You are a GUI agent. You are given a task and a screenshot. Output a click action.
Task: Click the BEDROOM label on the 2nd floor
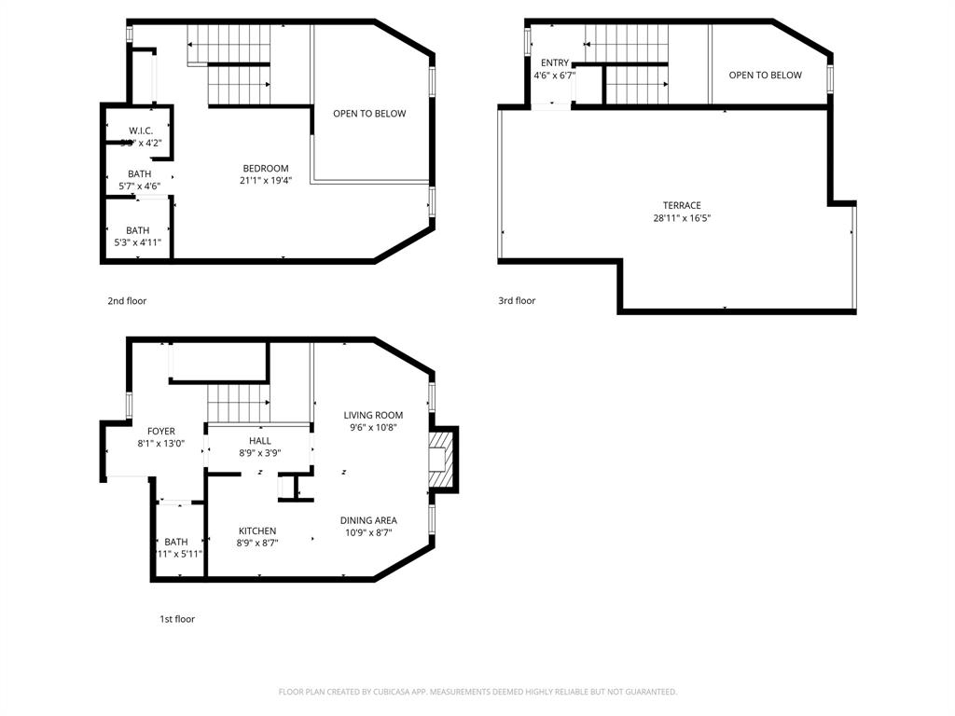point(266,169)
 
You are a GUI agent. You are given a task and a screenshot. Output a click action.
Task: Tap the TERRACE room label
point(682,206)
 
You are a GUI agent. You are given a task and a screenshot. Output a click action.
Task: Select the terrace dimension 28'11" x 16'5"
point(682,219)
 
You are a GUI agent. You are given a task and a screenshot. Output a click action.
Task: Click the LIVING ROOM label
point(373,416)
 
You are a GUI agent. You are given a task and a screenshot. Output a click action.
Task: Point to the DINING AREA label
point(368,521)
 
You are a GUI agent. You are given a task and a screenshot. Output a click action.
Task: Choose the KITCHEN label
point(256,531)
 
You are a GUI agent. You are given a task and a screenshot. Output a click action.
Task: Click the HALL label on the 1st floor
point(260,441)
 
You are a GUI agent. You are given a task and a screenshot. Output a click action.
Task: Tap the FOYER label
point(160,432)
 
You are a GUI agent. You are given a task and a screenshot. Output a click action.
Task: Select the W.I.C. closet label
point(141,131)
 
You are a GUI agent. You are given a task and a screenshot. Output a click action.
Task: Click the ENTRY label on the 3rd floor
point(554,63)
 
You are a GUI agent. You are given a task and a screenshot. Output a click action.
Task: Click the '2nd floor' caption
point(127,301)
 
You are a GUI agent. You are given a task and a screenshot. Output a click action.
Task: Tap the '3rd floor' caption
point(517,301)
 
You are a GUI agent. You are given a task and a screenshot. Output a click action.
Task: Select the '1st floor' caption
point(176,619)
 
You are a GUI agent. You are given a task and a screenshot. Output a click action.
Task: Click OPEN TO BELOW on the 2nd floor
point(369,114)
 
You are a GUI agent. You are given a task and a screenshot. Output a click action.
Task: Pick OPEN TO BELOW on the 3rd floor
point(765,76)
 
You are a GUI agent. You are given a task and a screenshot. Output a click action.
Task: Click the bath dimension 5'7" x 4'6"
point(140,186)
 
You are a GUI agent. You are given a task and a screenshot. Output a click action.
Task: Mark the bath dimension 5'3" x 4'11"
point(137,243)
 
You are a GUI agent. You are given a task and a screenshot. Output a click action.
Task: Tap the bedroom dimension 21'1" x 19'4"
point(266,182)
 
